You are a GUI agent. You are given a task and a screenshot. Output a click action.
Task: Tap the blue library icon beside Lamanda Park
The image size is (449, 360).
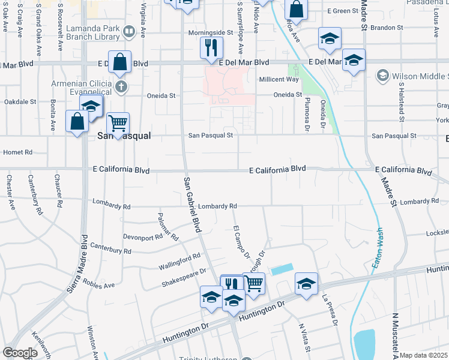coord(128,31)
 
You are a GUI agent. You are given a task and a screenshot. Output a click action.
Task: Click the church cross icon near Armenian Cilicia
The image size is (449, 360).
coord(121,86)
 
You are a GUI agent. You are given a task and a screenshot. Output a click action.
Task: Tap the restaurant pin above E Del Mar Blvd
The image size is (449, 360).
coord(211,47)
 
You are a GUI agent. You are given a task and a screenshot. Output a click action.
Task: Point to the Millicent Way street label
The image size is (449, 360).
coord(279,79)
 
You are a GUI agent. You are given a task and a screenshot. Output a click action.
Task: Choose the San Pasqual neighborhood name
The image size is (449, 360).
coord(123,136)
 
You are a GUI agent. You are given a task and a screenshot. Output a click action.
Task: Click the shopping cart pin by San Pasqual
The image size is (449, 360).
coord(118,124)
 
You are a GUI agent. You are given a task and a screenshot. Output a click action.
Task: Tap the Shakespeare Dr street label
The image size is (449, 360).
coord(185,277)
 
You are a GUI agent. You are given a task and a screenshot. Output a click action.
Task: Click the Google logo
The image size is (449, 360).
coord(20,353)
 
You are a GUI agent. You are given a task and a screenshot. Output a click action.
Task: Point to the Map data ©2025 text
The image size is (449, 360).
coord(423,355)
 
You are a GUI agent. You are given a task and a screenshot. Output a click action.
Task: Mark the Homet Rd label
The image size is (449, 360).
coord(17,152)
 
